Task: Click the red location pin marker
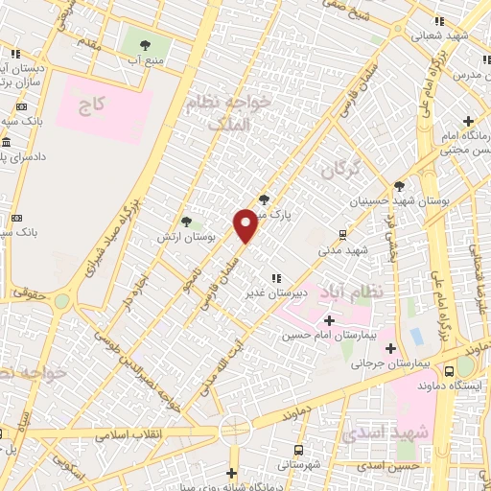click(246, 226)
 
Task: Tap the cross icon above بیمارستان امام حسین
click(329, 320)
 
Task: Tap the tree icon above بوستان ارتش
click(199, 221)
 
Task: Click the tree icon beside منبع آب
click(144, 45)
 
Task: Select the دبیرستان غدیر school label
click(278, 292)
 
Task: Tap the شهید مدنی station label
click(343, 249)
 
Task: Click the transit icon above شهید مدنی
click(343, 234)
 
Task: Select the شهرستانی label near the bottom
click(298, 465)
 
